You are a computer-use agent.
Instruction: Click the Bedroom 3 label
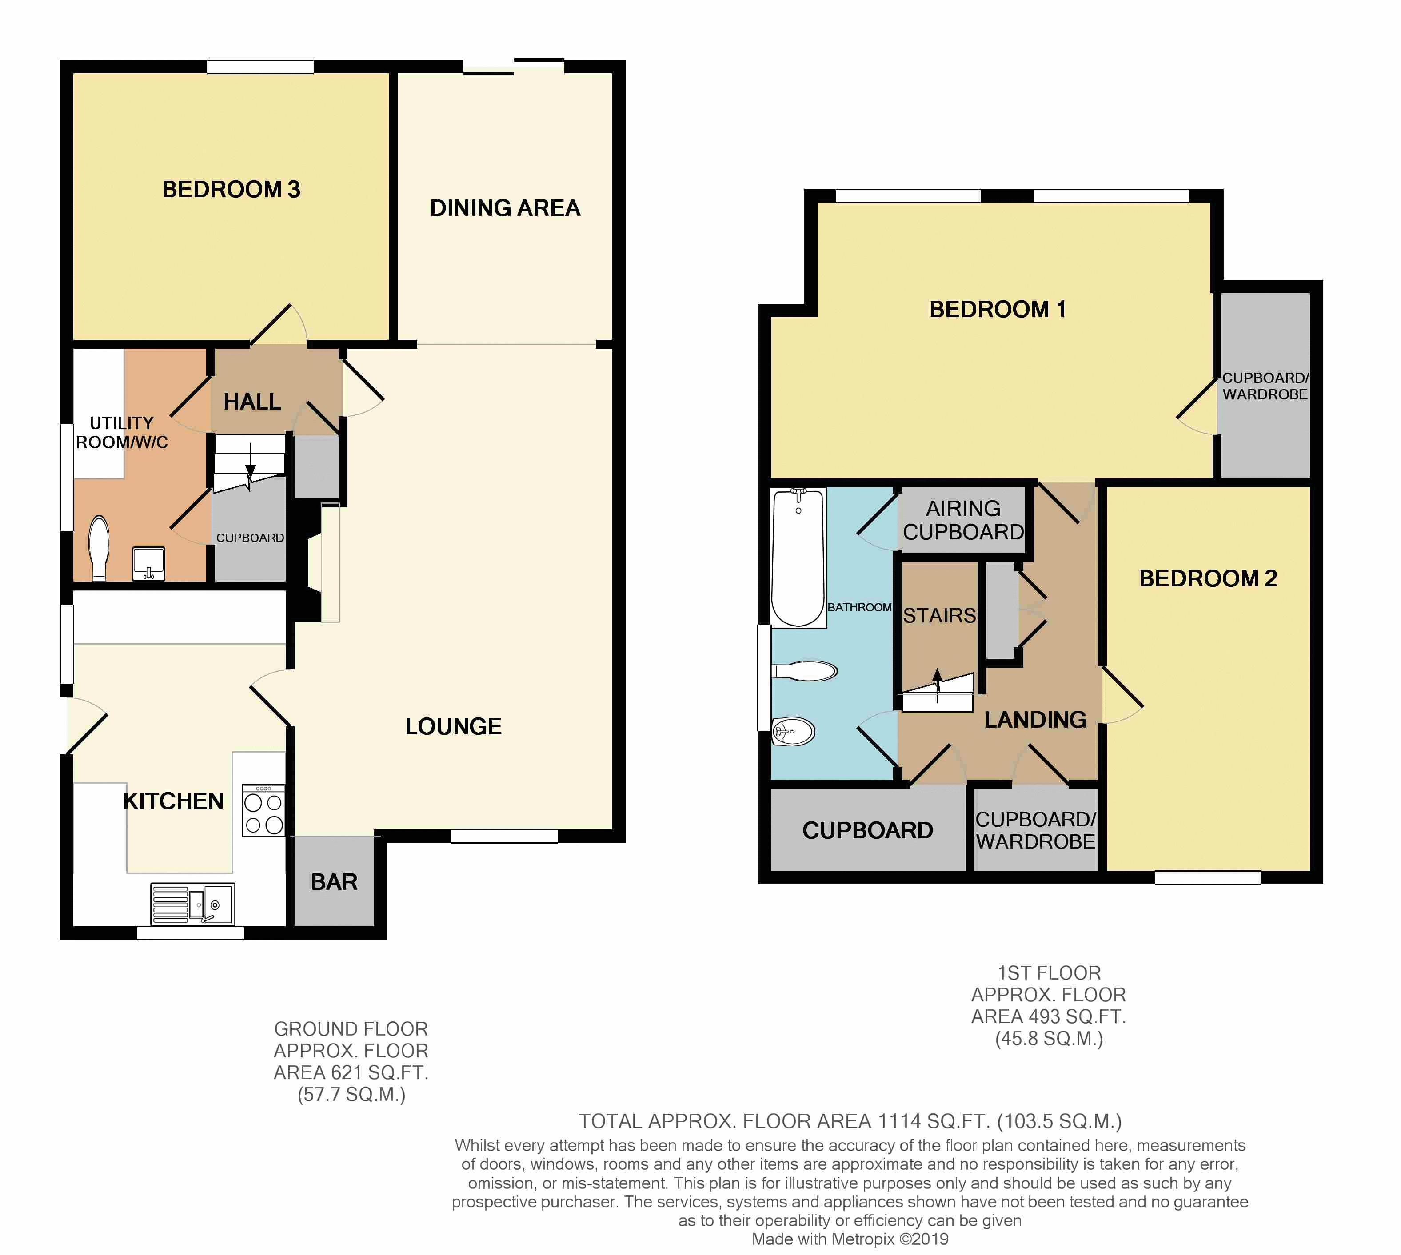coord(231,190)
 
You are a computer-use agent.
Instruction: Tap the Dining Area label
coord(505,208)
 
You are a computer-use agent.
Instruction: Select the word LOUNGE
coord(453,727)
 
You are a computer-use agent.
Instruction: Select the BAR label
coord(335,882)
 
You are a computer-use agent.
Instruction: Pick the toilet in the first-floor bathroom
coord(804,671)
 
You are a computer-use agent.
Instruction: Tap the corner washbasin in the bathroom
coord(793,731)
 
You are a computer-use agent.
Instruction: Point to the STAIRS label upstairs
coord(939,616)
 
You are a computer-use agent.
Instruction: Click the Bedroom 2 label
coord(1208,578)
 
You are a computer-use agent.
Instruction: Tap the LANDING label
coord(1035,720)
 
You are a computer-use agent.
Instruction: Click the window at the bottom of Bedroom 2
coord(1208,878)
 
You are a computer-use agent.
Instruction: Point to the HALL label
coord(252,402)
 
